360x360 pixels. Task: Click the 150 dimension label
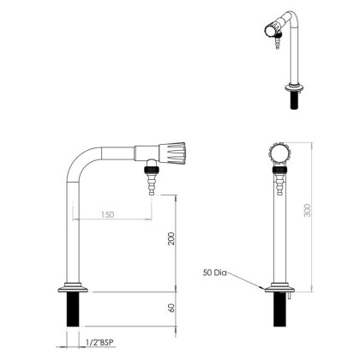(108, 214)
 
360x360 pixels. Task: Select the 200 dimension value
(171, 238)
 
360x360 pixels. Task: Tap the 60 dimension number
(171, 308)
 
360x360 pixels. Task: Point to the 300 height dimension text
(308, 210)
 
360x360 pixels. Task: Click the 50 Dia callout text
(215, 273)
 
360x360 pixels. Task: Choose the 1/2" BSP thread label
(99, 342)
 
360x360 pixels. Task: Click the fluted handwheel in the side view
(172, 153)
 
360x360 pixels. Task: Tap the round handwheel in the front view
(278, 153)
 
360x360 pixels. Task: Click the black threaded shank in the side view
(73, 309)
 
